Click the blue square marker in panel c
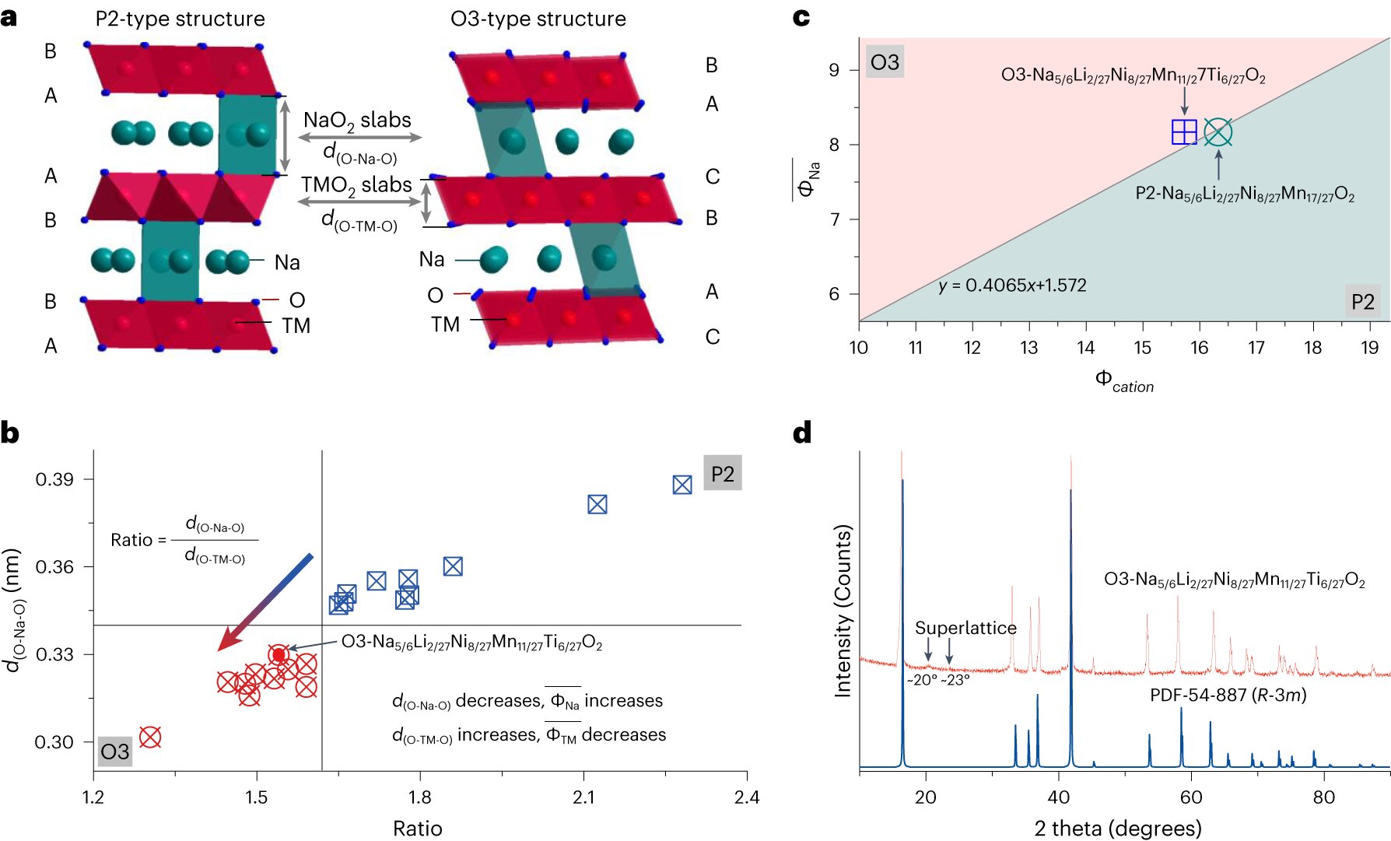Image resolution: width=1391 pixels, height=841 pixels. (1184, 132)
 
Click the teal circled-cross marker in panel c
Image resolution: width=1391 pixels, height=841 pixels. (1218, 132)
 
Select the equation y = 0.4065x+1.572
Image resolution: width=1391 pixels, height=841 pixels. (1012, 286)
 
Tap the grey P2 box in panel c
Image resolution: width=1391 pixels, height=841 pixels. (1362, 302)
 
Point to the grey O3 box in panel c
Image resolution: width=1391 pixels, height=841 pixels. (885, 62)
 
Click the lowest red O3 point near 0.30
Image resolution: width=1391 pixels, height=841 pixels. (150, 737)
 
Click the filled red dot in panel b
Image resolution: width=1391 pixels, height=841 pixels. (279, 655)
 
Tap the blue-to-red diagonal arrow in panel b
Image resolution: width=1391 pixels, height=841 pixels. (265, 602)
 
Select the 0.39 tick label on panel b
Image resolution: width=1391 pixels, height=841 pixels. (54, 479)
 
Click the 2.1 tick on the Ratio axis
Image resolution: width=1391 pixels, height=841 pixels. (583, 797)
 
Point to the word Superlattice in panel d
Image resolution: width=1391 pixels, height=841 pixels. (965, 628)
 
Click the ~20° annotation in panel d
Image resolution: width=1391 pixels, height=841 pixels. (922, 680)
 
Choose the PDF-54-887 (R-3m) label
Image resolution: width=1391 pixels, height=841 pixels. (1228, 695)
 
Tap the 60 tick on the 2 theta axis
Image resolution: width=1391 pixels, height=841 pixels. (1191, 797)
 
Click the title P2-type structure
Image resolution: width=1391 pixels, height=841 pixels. (180, 19)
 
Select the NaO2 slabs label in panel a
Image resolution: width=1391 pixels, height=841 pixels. (357, 120)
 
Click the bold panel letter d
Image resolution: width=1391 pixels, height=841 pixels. (802, 433)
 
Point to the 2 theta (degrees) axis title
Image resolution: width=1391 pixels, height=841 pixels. (1117, 829)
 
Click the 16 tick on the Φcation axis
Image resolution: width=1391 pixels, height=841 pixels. (1199, 348)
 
